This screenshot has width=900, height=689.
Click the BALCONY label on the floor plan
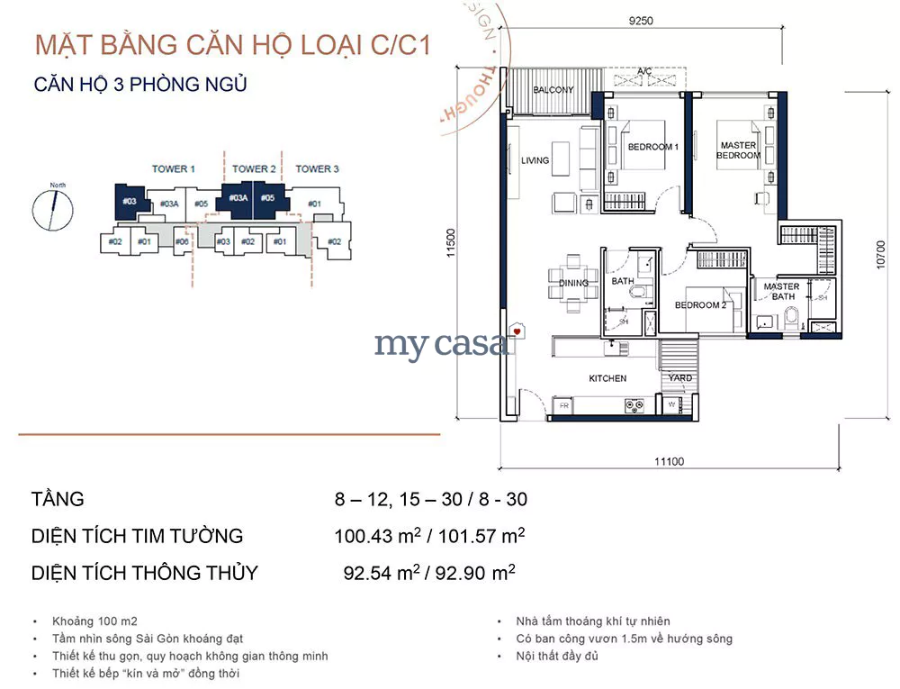coord(553,90)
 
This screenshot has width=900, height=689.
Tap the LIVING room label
coord(535,161)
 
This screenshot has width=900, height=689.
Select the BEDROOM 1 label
coord(652,147)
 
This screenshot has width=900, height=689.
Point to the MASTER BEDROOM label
coord(738,150)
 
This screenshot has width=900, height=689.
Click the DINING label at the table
coord(573,283)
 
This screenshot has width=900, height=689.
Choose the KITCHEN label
coord(607,378)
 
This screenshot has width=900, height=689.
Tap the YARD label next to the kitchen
coord(680,378)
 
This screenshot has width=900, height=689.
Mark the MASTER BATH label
coord(780,292)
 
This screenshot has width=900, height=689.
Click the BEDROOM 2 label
coord(700,305)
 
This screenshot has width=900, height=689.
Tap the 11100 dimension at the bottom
coord(669,462)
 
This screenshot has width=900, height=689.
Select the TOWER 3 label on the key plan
coord(317,169)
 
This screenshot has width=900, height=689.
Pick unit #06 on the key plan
coord(182,241)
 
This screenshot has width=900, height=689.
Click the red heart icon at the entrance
coord(517,332)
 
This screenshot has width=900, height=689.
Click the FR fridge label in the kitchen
coord(563,406)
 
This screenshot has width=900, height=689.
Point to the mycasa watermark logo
coord(441,344)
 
